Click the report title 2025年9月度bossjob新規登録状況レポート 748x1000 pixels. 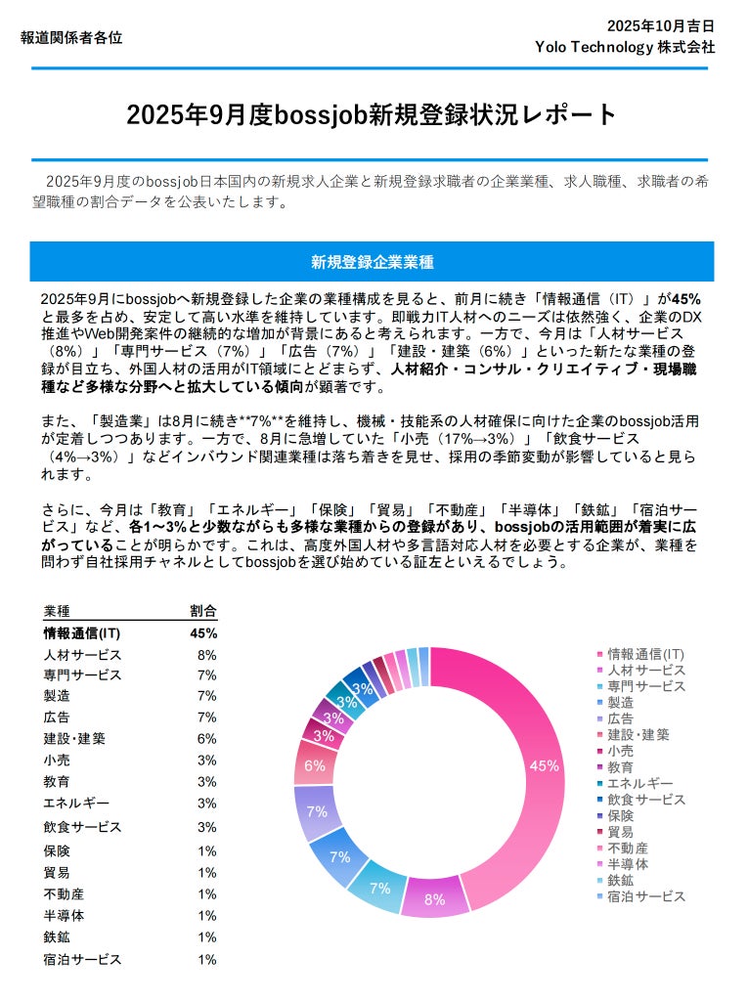[373, 115]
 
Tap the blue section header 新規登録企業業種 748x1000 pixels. [373, 262]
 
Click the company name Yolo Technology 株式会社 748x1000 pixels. [625, 46]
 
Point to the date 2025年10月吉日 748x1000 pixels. [660, 25]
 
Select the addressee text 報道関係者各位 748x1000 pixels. [71, 38]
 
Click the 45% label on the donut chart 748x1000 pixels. [544, 766]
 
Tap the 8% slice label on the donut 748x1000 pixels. [434, 899]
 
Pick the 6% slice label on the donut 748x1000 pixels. [315, 765]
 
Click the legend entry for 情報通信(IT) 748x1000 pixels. [645, 654]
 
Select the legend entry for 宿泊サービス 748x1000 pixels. [645, 896]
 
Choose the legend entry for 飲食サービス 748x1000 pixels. [645, 800]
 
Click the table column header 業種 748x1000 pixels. [57, 611]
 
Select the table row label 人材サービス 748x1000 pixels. [82, 655]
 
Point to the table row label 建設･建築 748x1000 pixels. [74, 739]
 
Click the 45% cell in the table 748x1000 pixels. [202, 632]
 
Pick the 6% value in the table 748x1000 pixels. [206, 739]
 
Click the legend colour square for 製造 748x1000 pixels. [599, 703]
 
